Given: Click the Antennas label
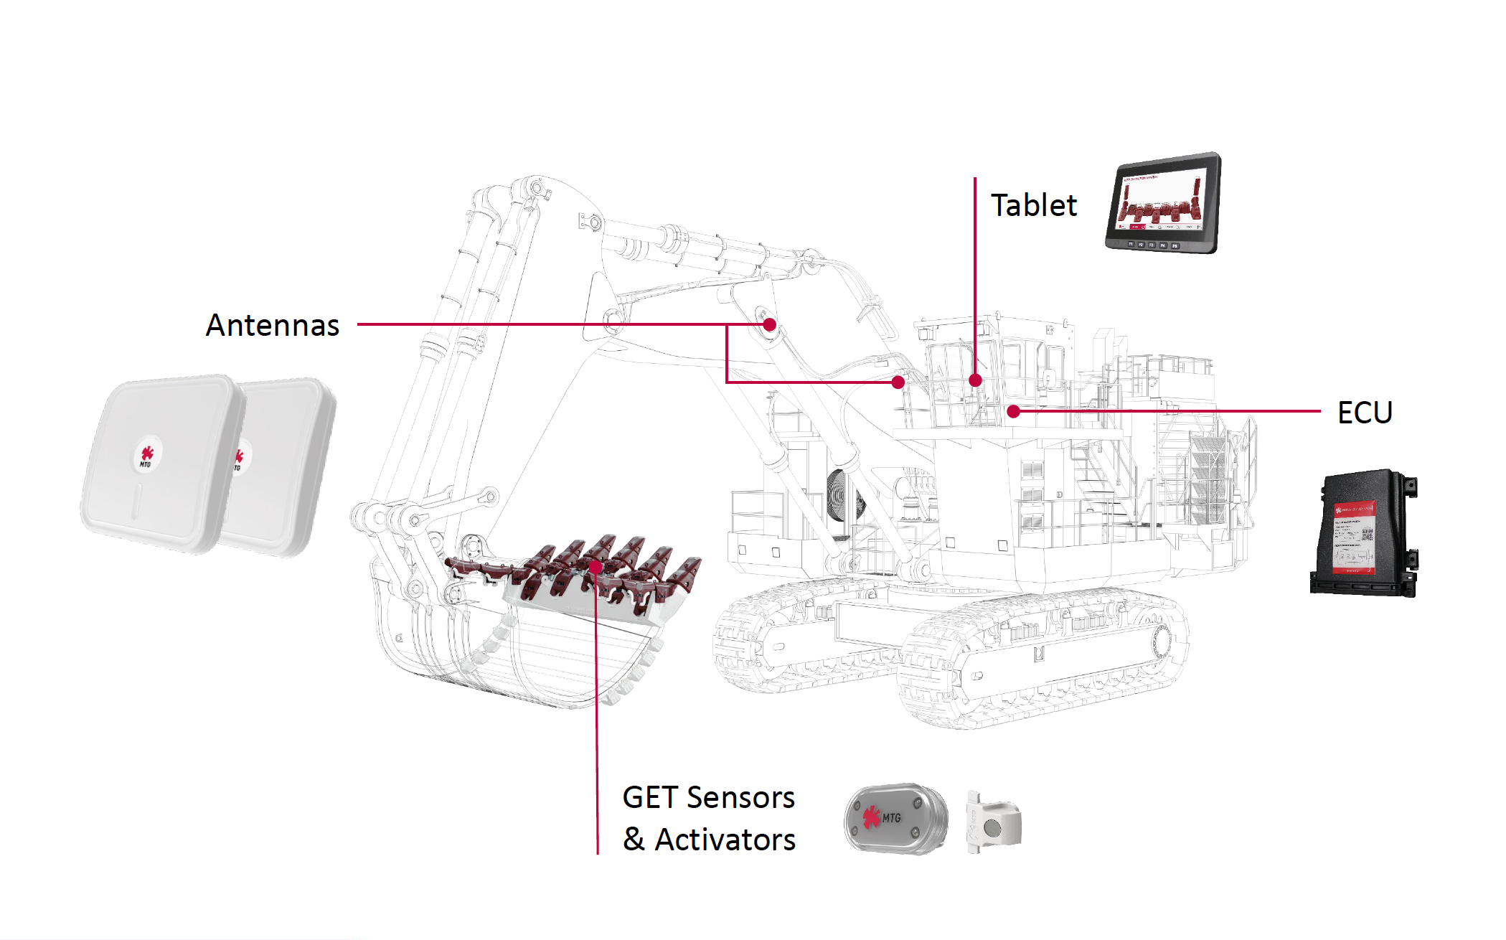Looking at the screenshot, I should (x=272, y=325).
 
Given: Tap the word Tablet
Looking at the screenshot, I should (x=1033, y=206).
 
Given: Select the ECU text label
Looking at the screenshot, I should (x=1365, y=413).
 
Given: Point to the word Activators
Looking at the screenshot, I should (x=725, y=840).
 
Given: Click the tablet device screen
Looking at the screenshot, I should (x=1162, y=199).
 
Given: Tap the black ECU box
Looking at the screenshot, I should (x=1363, y=535).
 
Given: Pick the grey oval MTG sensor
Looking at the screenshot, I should (x=895, y=819).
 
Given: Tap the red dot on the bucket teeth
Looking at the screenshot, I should (x=596, y=567).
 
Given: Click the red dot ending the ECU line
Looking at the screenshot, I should (x=1013, y=411).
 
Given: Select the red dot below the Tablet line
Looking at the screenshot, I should (x=975, y=380).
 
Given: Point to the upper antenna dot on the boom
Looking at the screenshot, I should (x=770, y=324).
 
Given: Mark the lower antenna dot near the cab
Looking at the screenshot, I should (x=898, y=382).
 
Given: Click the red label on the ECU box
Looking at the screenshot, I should (x=1352, y=538).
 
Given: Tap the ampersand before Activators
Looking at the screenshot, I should (x=634, y=839).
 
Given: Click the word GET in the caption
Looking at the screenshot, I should (x=649, y=798).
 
